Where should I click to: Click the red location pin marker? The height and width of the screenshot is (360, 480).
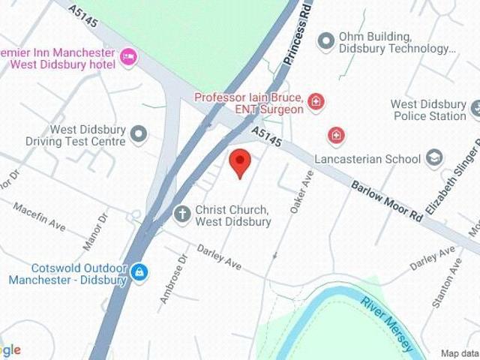click(239, 160)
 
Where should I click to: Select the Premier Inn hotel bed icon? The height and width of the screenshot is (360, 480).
click(128, 57)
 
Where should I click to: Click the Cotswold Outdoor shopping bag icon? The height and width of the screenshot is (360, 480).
click(138, 272)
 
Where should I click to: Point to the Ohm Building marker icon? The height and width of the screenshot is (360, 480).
click(325, 40)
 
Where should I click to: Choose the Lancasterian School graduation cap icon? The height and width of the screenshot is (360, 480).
click(433, 157)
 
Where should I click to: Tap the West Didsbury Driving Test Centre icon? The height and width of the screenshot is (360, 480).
click(139, 134)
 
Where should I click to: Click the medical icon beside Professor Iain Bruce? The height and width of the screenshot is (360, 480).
click(316, 102)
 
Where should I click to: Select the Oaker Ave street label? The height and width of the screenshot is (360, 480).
click(301, 191)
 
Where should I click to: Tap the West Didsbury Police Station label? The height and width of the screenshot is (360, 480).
click(428, 110)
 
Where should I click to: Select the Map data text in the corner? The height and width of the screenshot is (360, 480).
click(459, 353)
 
